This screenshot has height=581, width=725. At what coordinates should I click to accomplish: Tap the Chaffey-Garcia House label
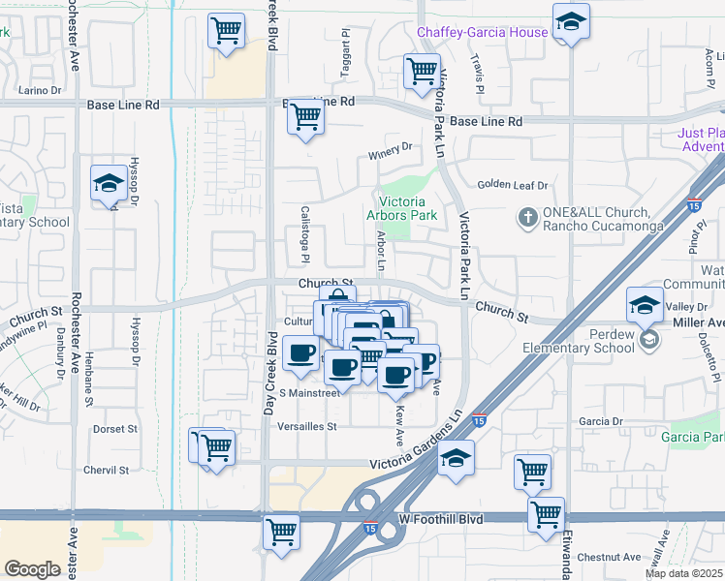click(482, 33)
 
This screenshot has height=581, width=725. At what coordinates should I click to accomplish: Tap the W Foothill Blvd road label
click(441, 520)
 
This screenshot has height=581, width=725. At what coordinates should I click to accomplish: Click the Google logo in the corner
click(32, 569)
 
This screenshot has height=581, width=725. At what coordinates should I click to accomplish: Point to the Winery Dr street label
click(390, 148)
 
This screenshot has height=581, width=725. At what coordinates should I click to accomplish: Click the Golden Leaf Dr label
click(513, 185)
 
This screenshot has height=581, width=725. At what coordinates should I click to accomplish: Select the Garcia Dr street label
click(600, 422)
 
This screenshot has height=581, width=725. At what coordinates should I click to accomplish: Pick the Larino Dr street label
click(40, 91)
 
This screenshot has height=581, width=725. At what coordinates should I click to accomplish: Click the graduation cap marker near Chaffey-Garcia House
click(572, 21)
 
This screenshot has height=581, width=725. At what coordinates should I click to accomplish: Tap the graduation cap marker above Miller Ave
click(645, 306)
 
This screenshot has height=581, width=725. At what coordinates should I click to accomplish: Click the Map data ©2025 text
click(684, 573)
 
